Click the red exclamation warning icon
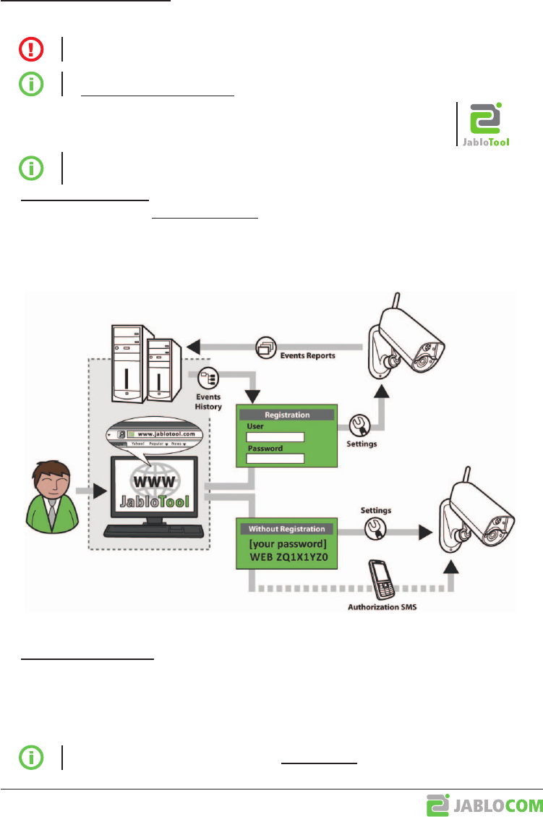(30, 48)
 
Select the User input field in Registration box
(275, 437)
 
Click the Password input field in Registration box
(275, 458)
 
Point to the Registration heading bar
(287, 415)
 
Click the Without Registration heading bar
(287, 528)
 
